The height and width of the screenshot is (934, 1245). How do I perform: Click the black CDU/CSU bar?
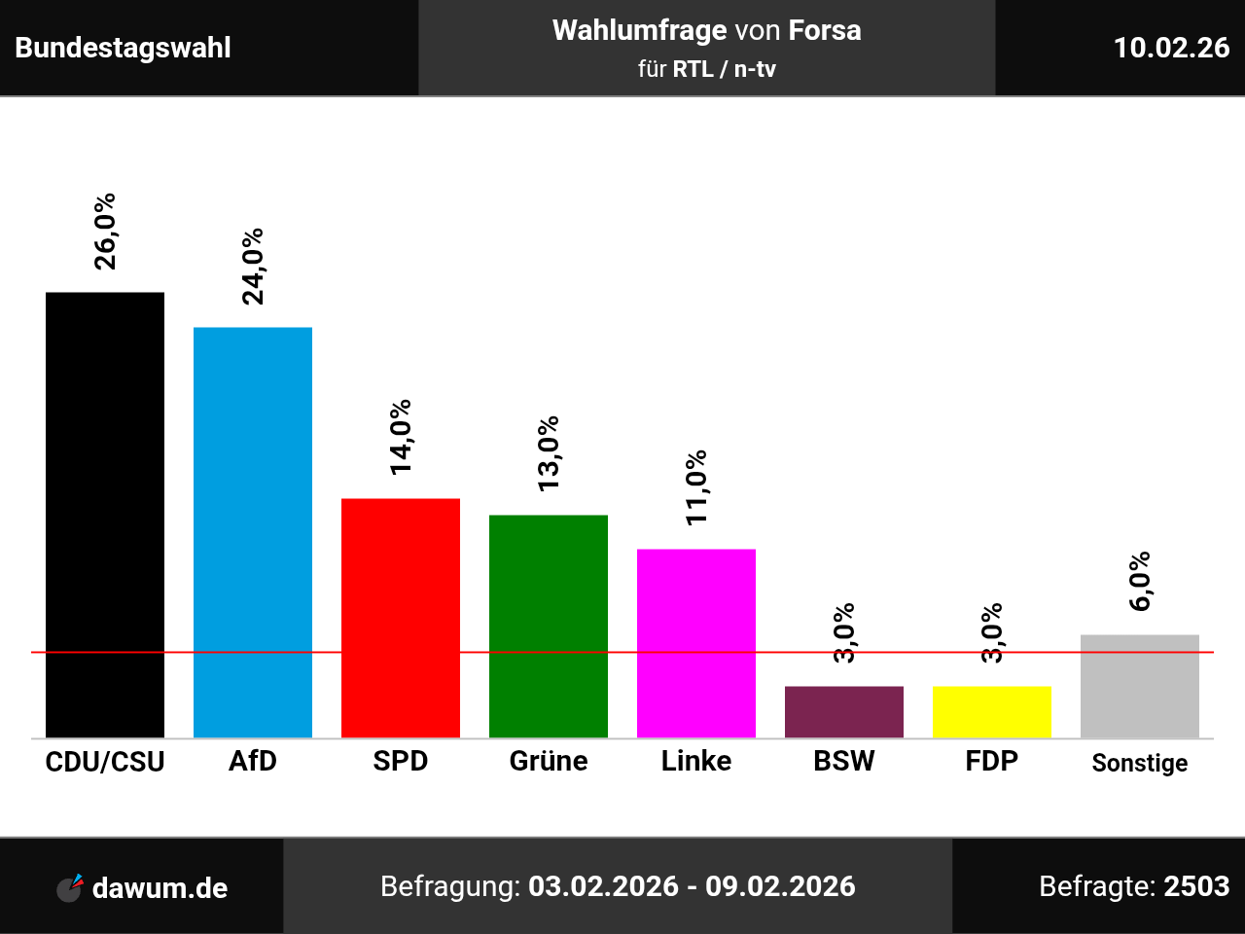[x=105, y=515]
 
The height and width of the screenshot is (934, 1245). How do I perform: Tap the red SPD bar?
[x=401, y=618]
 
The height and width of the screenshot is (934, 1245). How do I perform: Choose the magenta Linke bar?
[x=696, y=643]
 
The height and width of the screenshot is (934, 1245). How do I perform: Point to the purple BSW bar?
[x=844, y=712]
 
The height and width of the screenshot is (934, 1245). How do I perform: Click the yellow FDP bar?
[x=992, y=712]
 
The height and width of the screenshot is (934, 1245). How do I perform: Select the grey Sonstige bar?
[x=1140, y=686]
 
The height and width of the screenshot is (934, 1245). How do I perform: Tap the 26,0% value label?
[x=105, y=232]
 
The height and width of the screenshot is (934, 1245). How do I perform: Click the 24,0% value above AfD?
[x=253, y=267]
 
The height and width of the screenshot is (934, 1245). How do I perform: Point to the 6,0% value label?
[x=1140, y=582]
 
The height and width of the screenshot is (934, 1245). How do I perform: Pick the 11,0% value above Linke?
[x=696, y=488]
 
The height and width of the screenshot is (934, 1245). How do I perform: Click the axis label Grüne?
[x=549, y=761]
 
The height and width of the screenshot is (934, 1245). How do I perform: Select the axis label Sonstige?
[x=1140, y=763]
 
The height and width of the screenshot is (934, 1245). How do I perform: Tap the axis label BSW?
[x=844, y=761]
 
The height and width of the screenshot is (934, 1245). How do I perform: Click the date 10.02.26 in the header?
[x=1171, y=48]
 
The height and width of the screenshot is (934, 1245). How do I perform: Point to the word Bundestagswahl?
[x=124, y=48]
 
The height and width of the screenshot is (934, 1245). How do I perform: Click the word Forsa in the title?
[x=825, y=30]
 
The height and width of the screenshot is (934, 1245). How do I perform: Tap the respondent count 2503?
[x=1196, y=886]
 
